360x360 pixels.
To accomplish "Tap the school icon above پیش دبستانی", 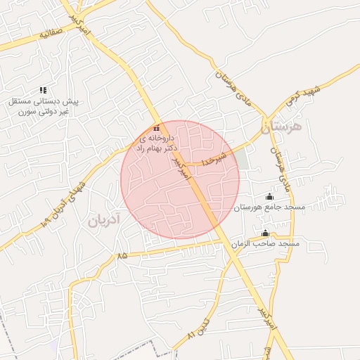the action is [x=43, y=90].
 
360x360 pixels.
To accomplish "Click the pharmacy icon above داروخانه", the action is [x=156, y=129].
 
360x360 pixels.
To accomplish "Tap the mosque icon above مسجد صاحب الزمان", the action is [x=265, y=233].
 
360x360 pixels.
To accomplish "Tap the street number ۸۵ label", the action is [x=123, y=255].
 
